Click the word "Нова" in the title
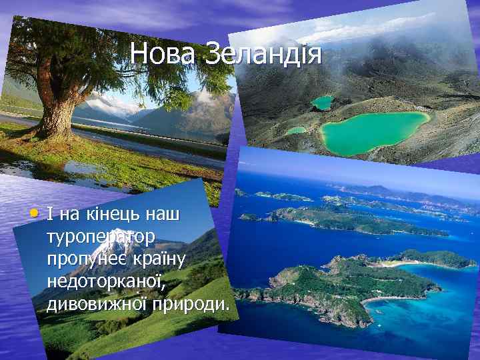[163, 54]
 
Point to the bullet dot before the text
[35, 215]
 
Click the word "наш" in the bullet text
[167, 215]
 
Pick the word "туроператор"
[101, 237]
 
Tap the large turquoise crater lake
[373, 130]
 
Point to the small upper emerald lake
[323, 102]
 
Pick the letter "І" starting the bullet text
[50, 215]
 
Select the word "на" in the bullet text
[69, 215]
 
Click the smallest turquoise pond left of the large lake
[297, 130]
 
